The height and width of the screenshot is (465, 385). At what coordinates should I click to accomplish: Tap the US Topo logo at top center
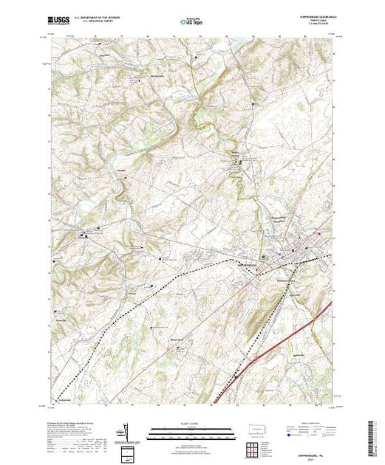pos(191,22)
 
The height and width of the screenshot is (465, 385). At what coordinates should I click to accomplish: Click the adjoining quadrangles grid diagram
pos(255,449)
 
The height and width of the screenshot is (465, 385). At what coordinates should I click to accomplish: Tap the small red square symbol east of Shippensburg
pos(318,234)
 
